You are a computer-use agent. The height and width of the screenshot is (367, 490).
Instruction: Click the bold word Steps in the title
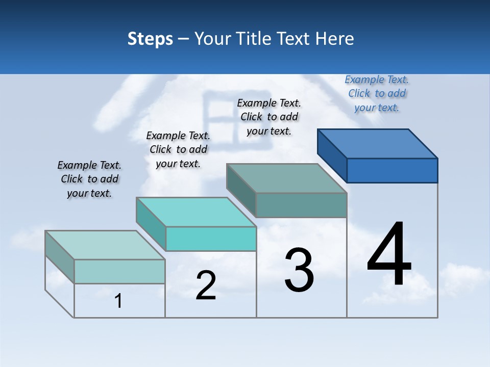coord(150,39)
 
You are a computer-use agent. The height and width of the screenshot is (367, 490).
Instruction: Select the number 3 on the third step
coord(299,270)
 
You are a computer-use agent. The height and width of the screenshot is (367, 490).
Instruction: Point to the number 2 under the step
coord(206,285)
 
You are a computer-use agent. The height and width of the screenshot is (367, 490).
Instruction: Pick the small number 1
coord(118,301)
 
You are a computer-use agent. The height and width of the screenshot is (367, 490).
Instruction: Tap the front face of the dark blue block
coord(392,170)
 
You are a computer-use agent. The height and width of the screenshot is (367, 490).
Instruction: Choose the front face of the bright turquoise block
coord(211,239)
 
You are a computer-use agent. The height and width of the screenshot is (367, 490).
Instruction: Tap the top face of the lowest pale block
coord(105,245)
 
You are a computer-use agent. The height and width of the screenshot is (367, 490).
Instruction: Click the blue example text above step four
coord(377,93)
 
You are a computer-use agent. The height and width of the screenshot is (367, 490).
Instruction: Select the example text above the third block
coord(269,117)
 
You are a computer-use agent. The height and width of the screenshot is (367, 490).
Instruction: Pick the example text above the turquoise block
coord(178,149)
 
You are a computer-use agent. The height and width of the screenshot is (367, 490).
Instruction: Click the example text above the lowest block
coord(89,179)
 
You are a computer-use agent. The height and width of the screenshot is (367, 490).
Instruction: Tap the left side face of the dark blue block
coord(332,155)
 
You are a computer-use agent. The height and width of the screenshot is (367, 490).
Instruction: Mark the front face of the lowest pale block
coord(119,271)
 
